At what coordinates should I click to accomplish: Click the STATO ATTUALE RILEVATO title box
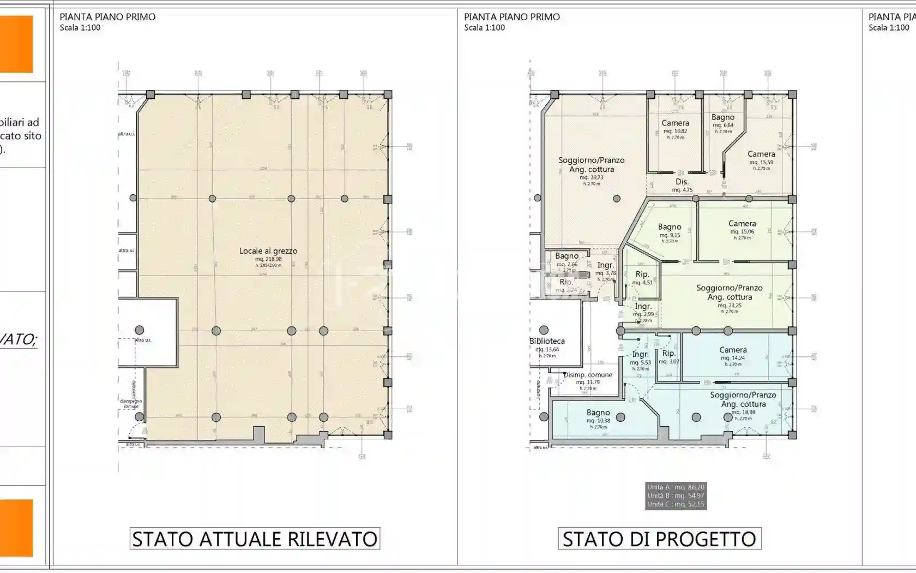(255, 539)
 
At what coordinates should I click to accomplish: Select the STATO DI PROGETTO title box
(659, 539)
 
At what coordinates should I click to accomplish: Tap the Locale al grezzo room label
(268, 251)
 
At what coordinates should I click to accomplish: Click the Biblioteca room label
(547, 341)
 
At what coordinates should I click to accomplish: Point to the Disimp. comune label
(588, 375)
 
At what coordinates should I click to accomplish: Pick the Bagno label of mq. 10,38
(598, 413)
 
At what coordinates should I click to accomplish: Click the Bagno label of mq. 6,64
(723, 117)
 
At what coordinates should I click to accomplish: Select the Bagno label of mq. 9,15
(670, 227)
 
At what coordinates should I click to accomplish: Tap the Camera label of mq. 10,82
(675, 123)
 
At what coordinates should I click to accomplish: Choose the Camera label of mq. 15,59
(761, 154)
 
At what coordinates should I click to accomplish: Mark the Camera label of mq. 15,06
(742, 224)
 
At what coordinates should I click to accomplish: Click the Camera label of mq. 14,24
(733, 350)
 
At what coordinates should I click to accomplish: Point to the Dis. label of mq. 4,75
(682, 182)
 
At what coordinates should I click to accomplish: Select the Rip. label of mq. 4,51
(642, 274)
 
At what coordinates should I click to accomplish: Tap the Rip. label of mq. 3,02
(669, 354)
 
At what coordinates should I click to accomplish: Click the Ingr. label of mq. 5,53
(640, 355)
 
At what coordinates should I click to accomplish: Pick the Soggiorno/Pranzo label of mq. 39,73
(592, 160)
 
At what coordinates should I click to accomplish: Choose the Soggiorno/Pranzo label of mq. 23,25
(730, 288)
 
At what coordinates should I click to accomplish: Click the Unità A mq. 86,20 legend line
(676, 487)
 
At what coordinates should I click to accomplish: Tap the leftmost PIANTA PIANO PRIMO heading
(107, 17)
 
